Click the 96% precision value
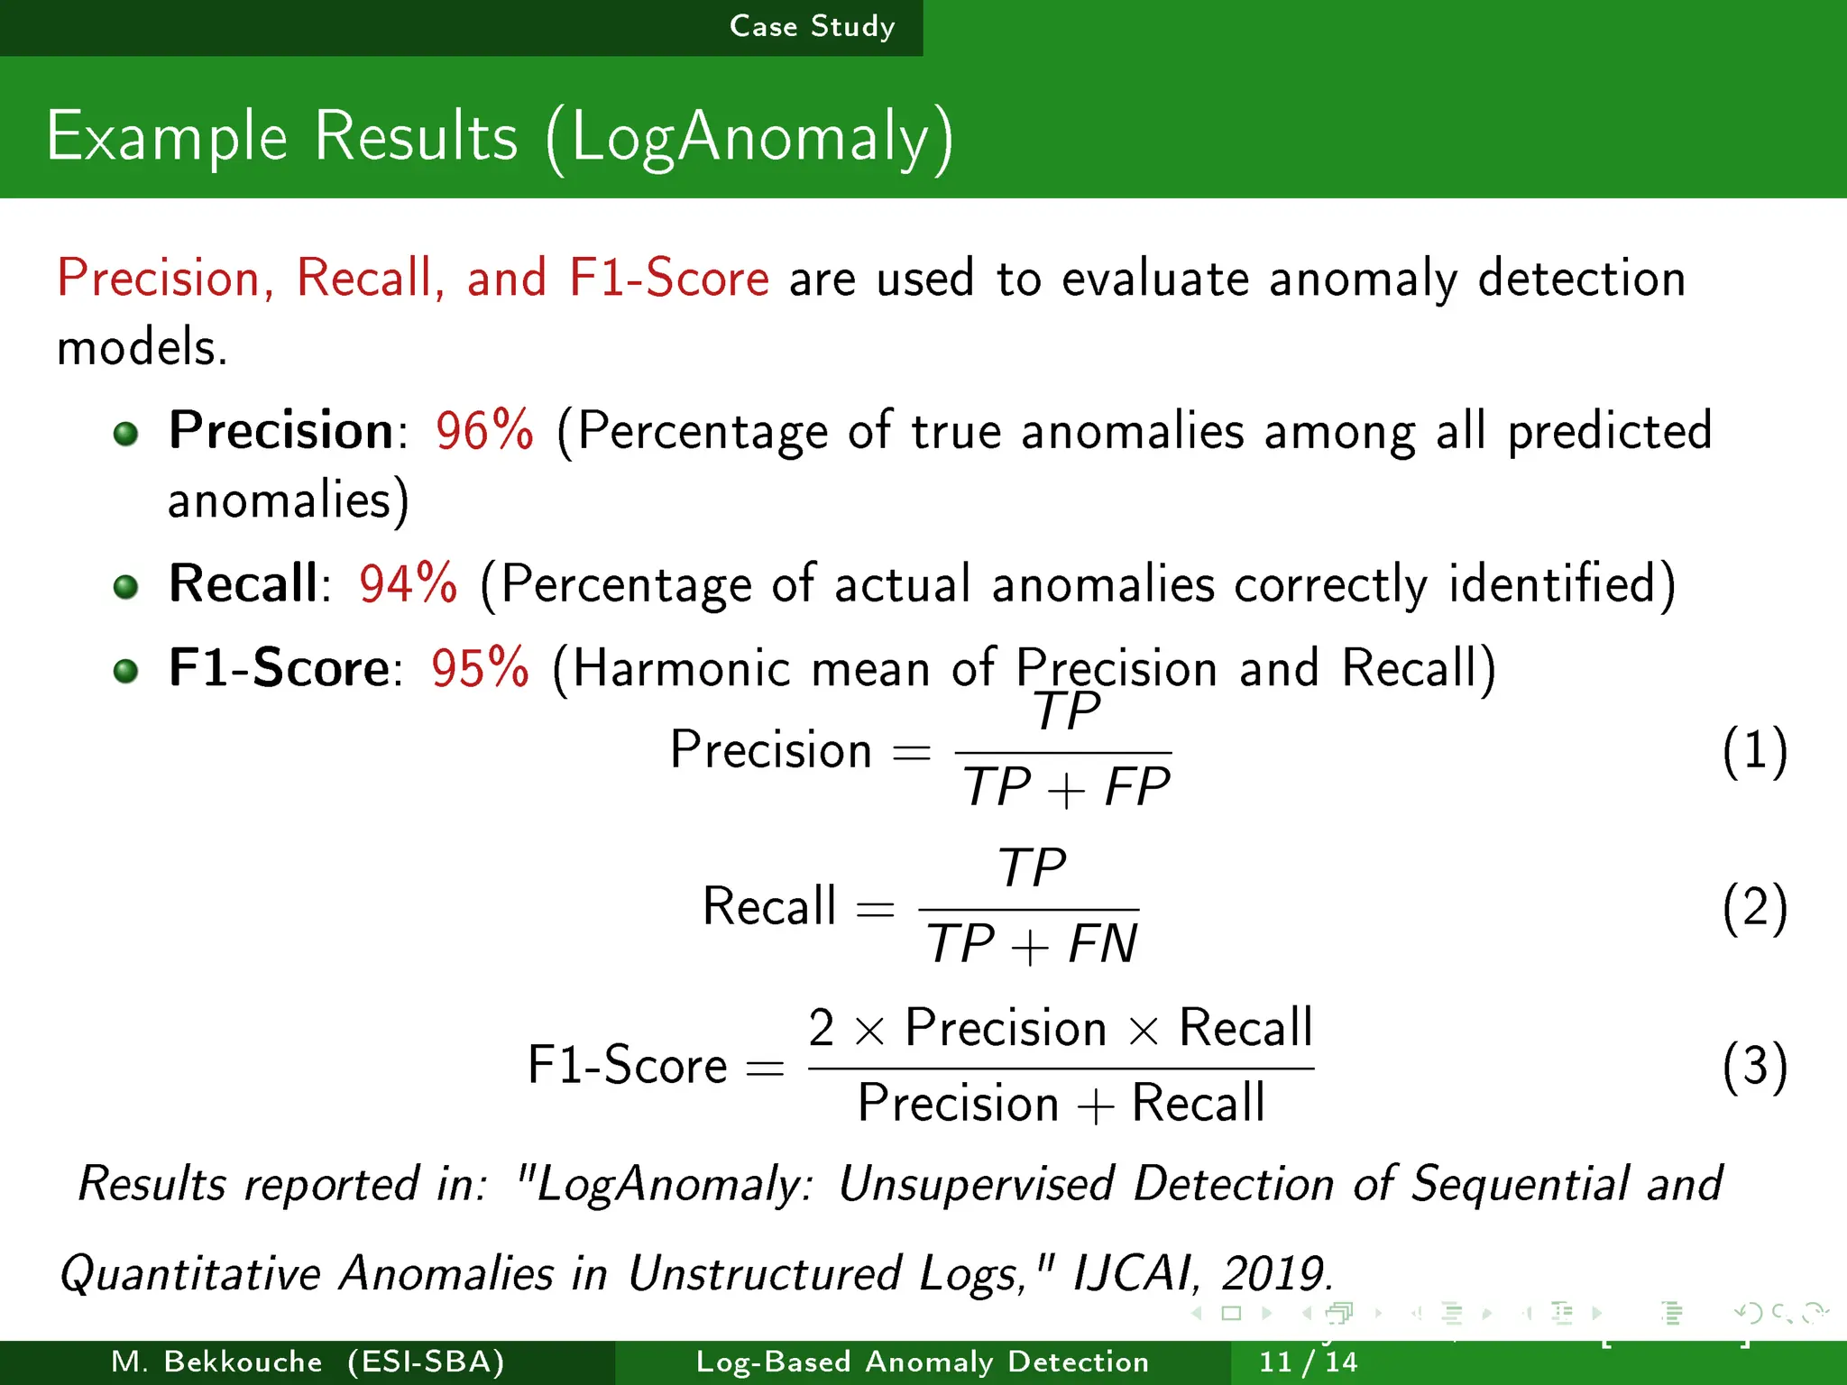click(x=484, y=430)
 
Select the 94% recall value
click(x=408, y=583)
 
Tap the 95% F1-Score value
click(x=480, y=668)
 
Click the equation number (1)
click(x=1754, y=751)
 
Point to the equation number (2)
click(x=1754, y=908)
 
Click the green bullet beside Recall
click(x=126, y=588)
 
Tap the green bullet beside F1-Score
click(x=126, y=671)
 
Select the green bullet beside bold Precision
click(x=126, y=434)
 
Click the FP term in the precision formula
click(x=1137, y=787)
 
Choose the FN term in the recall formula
click(x=1102, y=944)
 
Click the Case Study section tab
click(x=812, y=26)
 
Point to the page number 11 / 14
click(x=1307, y=1362)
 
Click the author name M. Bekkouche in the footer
click(x=216, y=1362)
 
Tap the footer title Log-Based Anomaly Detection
click(x=923, y=1362)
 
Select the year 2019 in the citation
click(x=1273, y=1273)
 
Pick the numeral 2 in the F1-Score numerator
click(x=821, y=1028)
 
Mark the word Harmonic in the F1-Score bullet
click(x=682, y=668)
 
